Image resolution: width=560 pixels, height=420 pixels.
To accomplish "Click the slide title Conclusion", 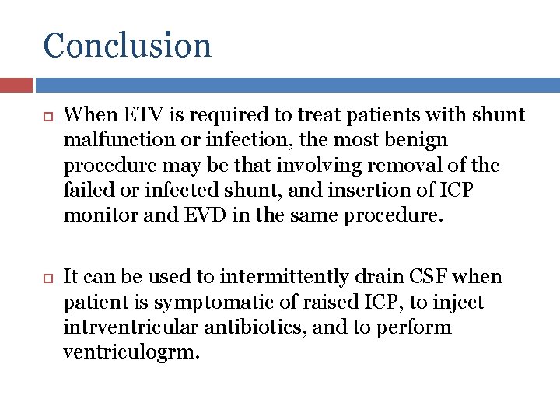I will tap(128, 45).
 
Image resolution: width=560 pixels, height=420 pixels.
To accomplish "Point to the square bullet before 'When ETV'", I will tap(45, 117).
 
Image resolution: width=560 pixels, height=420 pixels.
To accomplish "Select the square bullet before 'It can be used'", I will tap(45, 278).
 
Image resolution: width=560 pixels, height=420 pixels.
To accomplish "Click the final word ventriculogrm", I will tap(131, 352).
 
